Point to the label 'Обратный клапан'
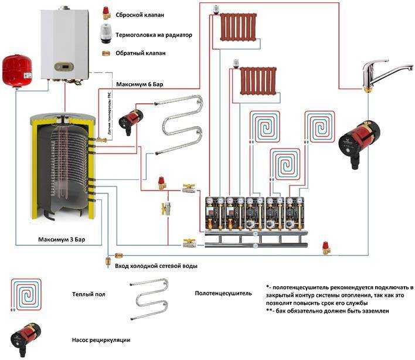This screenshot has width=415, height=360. coord(141,53)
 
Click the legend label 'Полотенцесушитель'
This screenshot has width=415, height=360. coord(223,293)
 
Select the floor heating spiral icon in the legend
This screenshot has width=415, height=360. coord(23,293)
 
